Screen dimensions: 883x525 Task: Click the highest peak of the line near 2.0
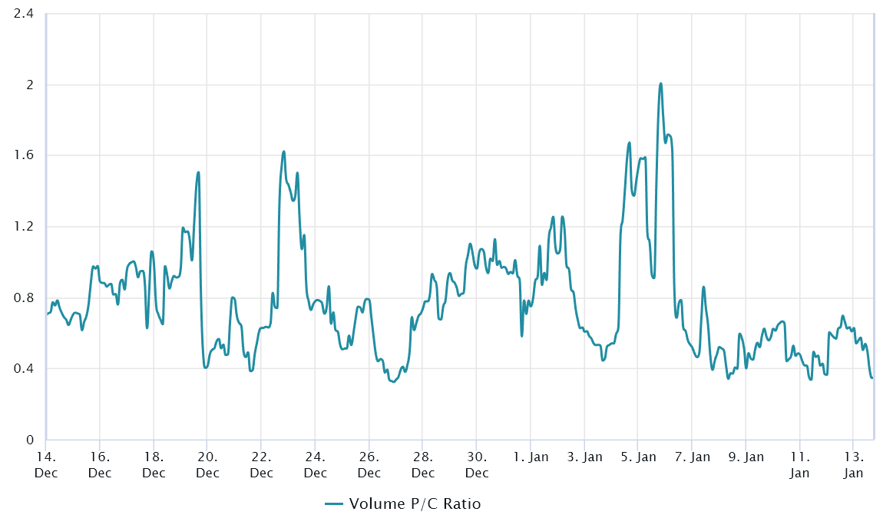click(x=660, y=84)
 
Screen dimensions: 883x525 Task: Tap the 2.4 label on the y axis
click(x=23, y=14)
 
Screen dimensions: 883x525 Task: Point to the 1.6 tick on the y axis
click(x=23, y=155)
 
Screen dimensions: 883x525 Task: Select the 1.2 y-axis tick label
click(x=23, y=226)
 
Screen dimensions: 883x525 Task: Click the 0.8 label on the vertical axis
click(x=23, y=297)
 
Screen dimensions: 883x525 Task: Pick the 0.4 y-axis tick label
click(x=23, y=368)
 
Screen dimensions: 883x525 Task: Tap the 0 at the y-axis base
click(x=30, y=439)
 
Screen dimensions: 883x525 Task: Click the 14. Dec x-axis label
click(x=45, y=465)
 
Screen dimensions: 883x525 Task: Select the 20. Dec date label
click(x=207, y=465)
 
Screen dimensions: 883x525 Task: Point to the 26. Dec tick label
click(x=369, y=465)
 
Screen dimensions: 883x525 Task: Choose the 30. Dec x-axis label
click(x=476, y=465)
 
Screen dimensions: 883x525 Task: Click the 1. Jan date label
click(x=531, y=457)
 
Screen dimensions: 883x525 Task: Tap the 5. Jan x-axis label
click(x=639, y=457)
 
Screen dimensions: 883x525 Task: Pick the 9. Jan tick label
click(x=746, y=457)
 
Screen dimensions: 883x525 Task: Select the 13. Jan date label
click(x=853, y=465)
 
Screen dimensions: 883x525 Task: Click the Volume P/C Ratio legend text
click(x=415, y=503)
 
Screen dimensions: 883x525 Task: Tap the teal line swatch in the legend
click(x=334, y=503)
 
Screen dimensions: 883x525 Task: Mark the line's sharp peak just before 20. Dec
click(x=198, y=172)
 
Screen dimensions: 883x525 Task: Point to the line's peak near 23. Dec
click(x=284, y=151)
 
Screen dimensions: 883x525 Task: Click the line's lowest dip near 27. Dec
click(x=393, y=382)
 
